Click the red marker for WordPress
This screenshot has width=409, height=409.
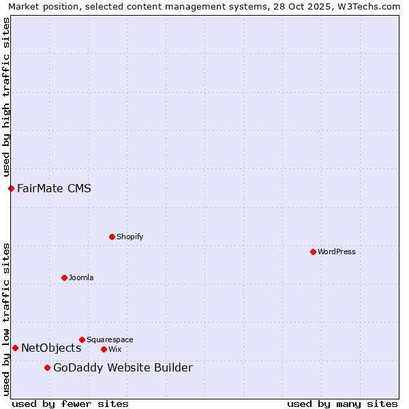313,252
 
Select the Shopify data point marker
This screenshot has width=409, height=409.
112,237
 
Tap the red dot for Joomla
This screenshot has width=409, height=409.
64,277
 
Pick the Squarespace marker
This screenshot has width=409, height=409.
82,339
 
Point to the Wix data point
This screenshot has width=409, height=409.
104,349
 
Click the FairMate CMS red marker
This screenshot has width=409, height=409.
11,188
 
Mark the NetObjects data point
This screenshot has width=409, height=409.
15,348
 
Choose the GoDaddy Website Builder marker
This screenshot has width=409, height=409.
47,368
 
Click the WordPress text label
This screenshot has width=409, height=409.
337,252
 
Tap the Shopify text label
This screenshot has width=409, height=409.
130,237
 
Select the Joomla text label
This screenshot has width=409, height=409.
81,277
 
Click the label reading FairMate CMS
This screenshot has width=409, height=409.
54,188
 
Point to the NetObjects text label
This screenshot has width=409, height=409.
51,348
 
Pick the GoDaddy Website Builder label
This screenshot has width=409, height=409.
123,368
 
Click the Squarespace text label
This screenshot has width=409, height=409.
110,339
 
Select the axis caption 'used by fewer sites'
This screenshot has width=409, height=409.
70,404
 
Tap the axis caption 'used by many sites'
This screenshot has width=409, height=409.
342,404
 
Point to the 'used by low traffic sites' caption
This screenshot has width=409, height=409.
6,318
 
